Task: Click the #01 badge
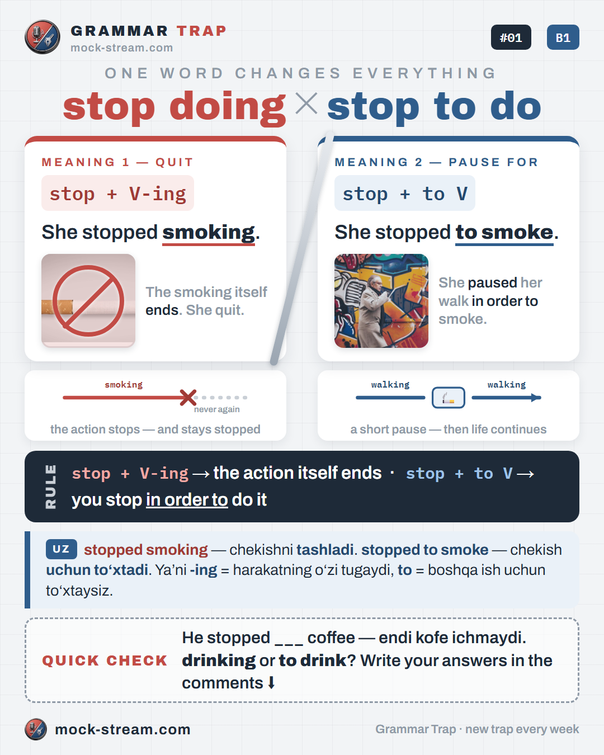511,37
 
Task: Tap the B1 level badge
563,37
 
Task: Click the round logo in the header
43,37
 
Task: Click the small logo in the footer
36,729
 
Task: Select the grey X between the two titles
306,103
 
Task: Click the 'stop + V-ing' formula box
117,193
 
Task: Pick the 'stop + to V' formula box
405,193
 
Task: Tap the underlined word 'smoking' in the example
209,233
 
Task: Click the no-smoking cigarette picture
88,301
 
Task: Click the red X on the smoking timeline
188,398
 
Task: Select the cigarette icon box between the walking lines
448,398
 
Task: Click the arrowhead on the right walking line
536,398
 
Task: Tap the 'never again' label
217,409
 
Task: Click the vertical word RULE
51,487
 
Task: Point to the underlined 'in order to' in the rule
187,499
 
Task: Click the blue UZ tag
62,549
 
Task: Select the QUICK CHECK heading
105,660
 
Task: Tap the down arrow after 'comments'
271,683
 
